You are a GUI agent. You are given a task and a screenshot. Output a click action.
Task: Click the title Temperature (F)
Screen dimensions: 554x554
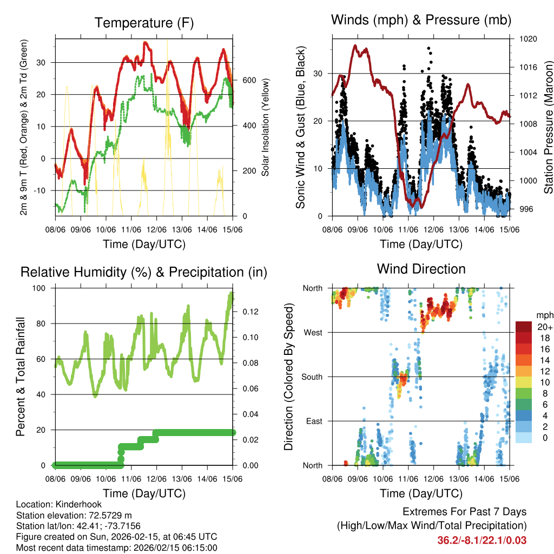tap(144, 23)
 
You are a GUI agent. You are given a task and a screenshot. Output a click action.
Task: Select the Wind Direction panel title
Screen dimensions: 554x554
tap(421, 268)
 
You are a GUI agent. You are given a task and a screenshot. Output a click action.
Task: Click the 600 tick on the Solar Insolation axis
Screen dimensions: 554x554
tap(249, 81)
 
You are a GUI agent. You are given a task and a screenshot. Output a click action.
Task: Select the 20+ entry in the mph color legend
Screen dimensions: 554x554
tap(543, 327)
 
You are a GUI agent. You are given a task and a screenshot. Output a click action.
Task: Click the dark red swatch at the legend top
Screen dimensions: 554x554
tap(525, 326)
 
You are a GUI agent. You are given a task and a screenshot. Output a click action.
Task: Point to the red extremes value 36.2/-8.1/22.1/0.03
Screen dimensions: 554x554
tap(482, 540)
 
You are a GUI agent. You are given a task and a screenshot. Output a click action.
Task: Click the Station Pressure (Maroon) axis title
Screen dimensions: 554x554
tap(548, 127)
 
